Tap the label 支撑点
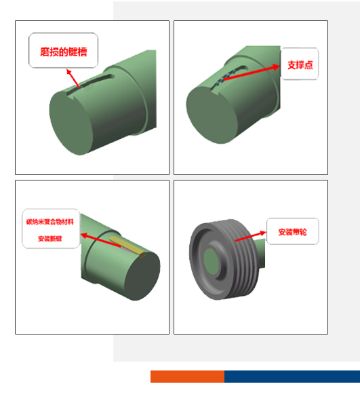pos(299,64)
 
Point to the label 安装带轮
pos(292,231)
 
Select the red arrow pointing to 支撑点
pos(251,73)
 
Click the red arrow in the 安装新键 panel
pos(102,240)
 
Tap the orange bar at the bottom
pos(187,377)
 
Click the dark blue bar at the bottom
pos(292,377)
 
